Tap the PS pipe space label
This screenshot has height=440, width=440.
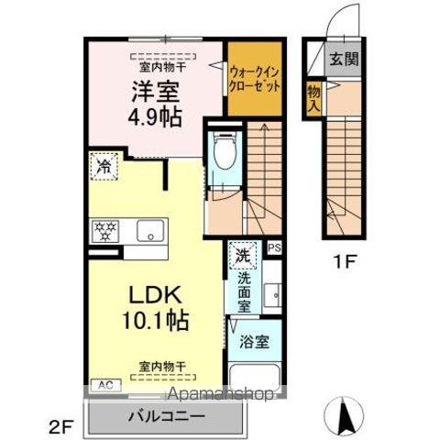[273, 247]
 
